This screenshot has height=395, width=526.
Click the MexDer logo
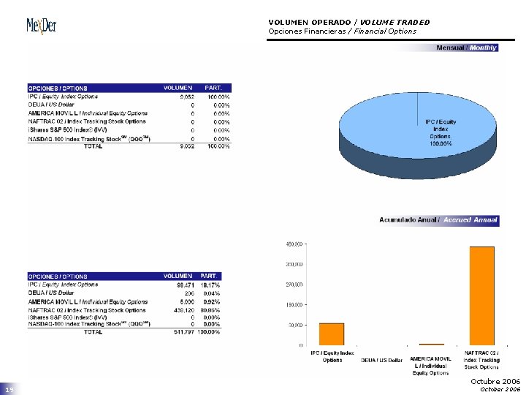(41, 26)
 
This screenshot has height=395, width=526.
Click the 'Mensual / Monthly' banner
(466, 48)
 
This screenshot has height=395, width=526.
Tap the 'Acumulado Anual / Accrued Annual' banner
(438, 219)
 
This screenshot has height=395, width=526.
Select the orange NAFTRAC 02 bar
(481, 296)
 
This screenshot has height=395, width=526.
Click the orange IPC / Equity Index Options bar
(331, 334)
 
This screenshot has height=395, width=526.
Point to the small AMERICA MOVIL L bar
(431, 344)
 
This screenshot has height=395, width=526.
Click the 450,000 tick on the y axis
(294, 244)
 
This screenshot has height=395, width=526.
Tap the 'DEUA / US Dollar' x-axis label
(381, 360)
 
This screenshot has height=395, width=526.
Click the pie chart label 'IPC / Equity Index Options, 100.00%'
(441, 132)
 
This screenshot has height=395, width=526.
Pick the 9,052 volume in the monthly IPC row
(186, 97)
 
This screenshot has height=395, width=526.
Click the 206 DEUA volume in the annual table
(188, 293)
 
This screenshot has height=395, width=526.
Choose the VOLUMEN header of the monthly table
(178, 89)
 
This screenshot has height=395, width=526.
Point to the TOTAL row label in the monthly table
(93, 146)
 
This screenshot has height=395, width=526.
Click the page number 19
(9, 391)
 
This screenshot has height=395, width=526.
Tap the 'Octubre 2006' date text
(495, 382)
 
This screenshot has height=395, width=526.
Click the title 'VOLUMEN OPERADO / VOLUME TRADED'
(348, 22)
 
